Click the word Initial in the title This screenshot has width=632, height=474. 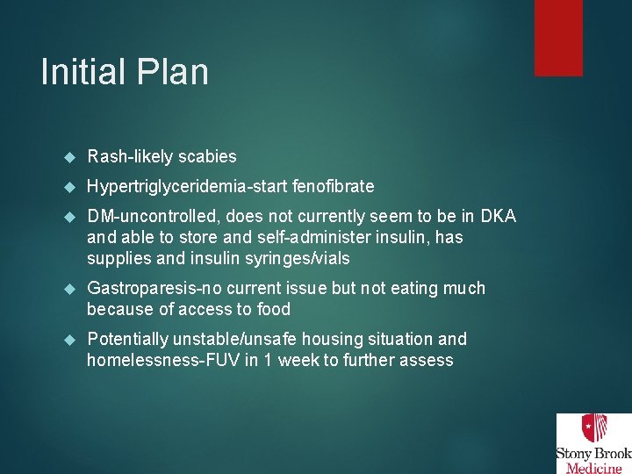[81, 72]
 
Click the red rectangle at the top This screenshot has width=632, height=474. [558, 37]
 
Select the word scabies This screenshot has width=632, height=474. [207, 157]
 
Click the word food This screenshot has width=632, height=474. [273, 309]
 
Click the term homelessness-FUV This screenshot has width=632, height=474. [167, 360]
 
